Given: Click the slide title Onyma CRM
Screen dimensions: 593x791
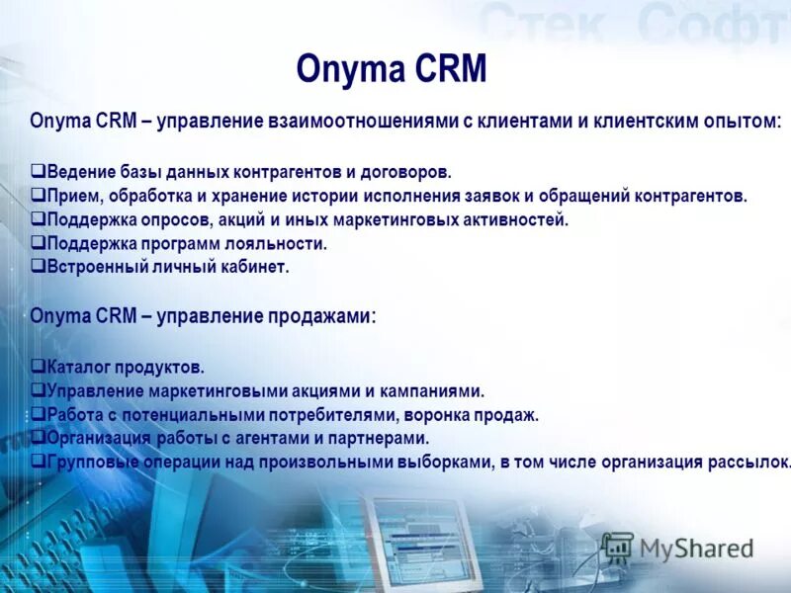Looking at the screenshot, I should (392, 69).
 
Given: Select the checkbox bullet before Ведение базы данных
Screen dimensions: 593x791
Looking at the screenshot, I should (37, 172).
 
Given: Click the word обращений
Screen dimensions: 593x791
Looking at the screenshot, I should (605, 196).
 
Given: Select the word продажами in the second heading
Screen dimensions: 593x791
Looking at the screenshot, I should (320, 317).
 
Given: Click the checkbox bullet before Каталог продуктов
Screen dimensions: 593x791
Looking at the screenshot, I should (37, 368).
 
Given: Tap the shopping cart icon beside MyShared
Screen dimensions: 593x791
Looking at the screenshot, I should (618, 547).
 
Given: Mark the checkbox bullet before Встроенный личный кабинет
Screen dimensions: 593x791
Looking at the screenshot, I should (37, 267).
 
